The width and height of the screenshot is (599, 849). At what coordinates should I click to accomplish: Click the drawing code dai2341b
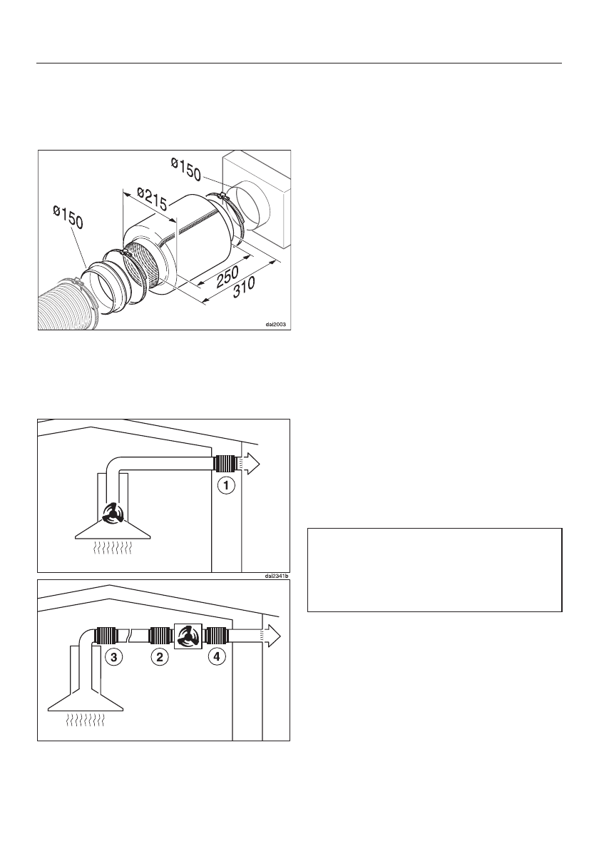coord(275,576)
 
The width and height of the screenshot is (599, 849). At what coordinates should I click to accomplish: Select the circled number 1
coord(225,487)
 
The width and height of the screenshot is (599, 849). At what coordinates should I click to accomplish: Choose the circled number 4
coord(214,657)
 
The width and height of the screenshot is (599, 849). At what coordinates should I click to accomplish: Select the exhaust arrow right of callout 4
coord(271,635)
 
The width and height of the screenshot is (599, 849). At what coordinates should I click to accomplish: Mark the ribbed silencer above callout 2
coord(159,634)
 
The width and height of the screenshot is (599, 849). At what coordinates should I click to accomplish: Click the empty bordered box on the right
coord(434,569)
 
